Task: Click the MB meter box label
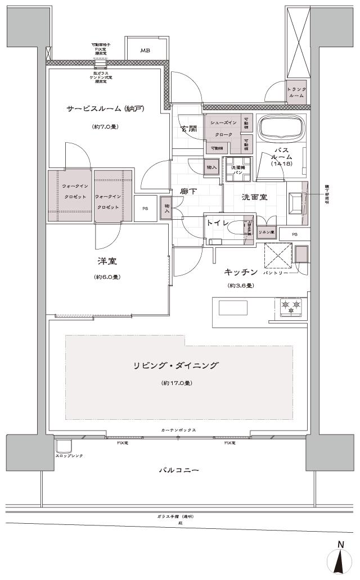(x=145, y=51)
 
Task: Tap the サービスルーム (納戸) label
(x=106, y=108)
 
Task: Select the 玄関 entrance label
(x=188, y=128)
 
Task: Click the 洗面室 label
(x=254, y=197)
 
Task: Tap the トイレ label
(x=217, y=223)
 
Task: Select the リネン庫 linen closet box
(x=265, y=232)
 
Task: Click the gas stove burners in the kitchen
(x=291, y=307)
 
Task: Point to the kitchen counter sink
(x=233, y=308)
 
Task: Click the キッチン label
(x=241, y=272)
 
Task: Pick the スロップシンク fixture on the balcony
(x=64, y=446)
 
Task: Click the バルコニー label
(x=178, y=469)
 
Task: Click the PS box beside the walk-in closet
(x=145, y=208)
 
